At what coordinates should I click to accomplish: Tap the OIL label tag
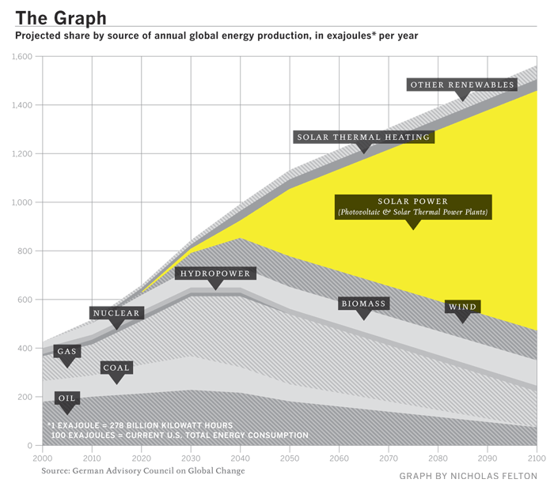[66, 398]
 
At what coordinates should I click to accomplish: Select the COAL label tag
[116, 368]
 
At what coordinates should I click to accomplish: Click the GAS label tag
[67, 351]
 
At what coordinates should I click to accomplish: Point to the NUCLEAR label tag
[116, 313]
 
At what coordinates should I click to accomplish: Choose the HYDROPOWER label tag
[215, 274]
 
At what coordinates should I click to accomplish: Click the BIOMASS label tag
[363, 304]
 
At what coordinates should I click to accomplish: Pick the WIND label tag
[462, 307]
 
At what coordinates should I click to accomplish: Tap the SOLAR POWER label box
[413, 207]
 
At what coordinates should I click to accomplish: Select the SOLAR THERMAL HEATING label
[364, 137]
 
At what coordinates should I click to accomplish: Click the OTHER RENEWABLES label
[462, 85]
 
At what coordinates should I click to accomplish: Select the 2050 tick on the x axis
[290, 458]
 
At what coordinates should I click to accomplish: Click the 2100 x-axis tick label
[537, 458]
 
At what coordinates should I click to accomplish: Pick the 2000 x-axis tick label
[44, 458]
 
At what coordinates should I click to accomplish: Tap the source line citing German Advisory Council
[143, 470]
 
